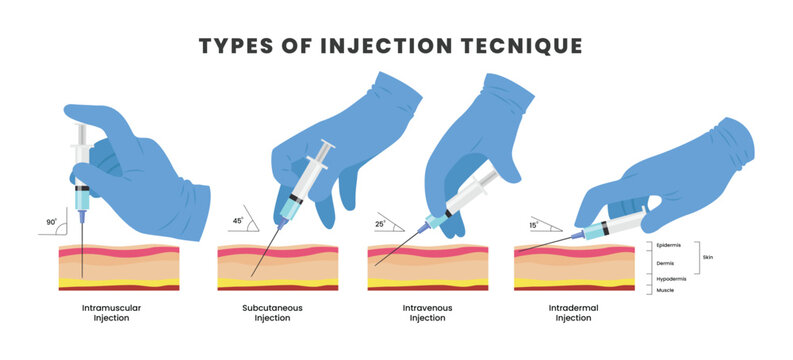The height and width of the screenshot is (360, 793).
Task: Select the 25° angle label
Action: [380, 224]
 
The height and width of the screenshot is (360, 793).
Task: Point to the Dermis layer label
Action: [666, 263]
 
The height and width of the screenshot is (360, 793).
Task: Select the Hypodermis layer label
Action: [671, 278]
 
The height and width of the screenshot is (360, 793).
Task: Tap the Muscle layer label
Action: [665, 290]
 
